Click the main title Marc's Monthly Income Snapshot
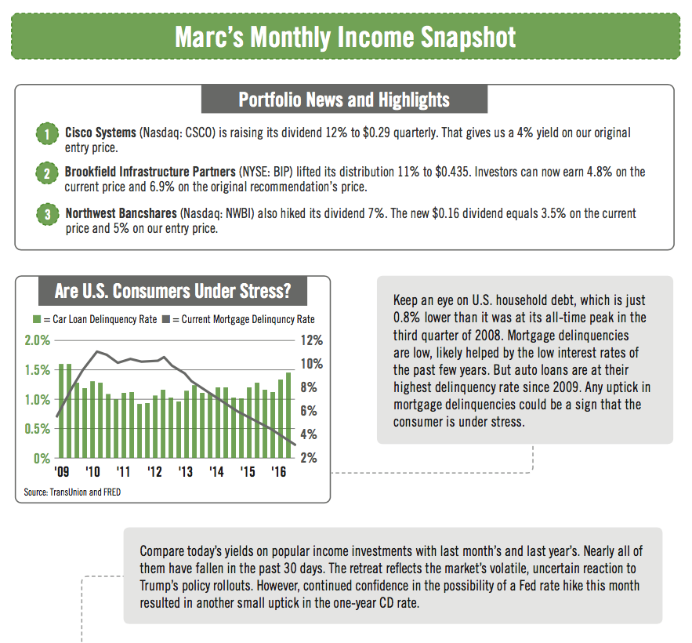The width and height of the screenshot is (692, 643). coord(345,37)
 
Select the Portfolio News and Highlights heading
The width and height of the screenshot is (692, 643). coord(344,100)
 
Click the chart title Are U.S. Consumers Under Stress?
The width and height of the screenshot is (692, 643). coord(173,292)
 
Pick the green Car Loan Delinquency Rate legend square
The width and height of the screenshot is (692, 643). coord(36,319)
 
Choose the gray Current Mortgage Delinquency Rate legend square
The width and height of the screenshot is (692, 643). coord(165,319)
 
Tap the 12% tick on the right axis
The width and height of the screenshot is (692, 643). coord(311,340)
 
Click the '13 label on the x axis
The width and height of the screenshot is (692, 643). coord(186,472)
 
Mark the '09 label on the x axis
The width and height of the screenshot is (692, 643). coord(62,472)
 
